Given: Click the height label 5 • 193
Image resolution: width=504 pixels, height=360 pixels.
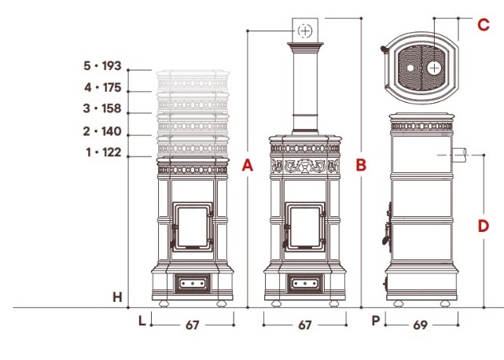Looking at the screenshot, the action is coord(102,65).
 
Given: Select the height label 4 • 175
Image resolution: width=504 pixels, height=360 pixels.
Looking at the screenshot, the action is coord(102,87).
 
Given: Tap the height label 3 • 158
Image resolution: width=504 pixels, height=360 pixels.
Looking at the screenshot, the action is coord(102,108).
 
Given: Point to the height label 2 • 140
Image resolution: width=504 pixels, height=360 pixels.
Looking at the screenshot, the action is coord(102,131).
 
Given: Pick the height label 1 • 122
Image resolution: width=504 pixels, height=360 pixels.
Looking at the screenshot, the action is coord(104,152).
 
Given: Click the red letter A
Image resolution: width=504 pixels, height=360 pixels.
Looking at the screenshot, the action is coord(248,165).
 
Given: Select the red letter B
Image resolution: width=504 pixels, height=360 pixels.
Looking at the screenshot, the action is coord(361,165).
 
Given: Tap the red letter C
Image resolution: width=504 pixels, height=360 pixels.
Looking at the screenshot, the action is coord(484,24).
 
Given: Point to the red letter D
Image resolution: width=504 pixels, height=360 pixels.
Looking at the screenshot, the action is coord(484,226).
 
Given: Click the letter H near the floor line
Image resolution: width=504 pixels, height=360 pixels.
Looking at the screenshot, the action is coord(118,297).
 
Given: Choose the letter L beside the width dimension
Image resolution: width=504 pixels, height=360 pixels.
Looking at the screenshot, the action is coord(142,321).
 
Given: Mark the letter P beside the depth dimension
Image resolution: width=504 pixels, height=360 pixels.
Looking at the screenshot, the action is coord(375,321).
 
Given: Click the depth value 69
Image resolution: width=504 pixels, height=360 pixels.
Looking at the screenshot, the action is coord(420,325).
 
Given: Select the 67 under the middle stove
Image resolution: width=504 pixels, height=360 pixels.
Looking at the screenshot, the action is coord(305,325).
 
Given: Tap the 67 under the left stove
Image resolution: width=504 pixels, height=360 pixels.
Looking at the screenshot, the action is coord(192,325).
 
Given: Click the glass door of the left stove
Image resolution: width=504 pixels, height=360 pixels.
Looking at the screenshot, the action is coord(193,227).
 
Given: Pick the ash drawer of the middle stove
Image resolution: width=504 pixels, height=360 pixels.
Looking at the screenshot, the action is coord(305,284).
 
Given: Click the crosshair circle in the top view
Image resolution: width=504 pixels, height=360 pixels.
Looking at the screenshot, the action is coord(435,68).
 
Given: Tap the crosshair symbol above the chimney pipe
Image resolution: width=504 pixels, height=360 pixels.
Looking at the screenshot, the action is coord(305,31).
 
